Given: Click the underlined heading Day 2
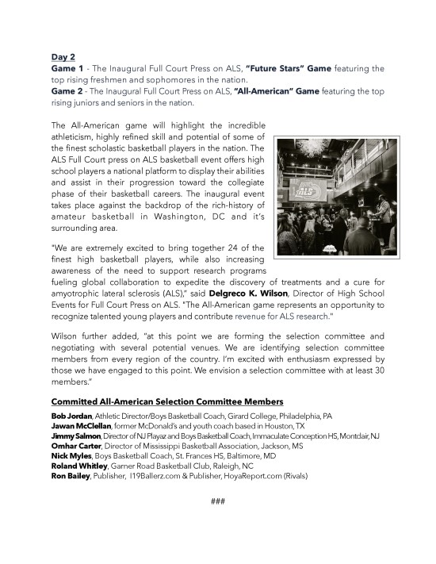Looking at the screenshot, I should click(x=64, y=57).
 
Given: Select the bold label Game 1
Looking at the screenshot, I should click(x=69, y=69).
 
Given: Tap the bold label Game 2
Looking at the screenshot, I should click(x=69, y=91).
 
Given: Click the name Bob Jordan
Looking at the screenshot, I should click(x=71, y=416).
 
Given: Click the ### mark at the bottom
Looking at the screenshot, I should click(x=219, y=501).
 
